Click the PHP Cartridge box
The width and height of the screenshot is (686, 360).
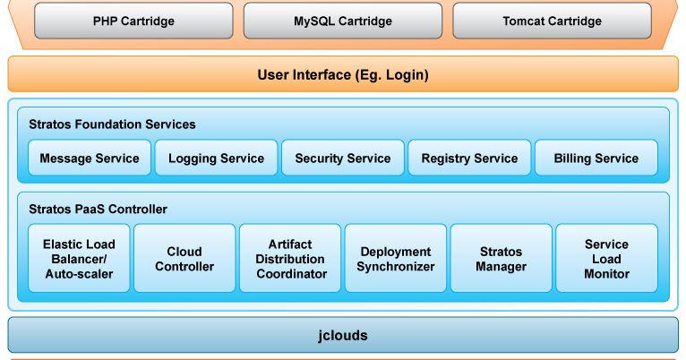point(133,21)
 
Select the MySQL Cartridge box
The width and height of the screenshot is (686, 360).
point(342,21)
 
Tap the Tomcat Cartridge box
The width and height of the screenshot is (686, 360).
point(552,21)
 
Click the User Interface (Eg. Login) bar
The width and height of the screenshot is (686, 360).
point(343,74)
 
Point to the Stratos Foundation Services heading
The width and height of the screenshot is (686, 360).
point(112,124)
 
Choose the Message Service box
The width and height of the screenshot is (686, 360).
point(90,159)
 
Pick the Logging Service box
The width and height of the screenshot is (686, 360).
point(216,159)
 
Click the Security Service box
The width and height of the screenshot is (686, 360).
point(343,159)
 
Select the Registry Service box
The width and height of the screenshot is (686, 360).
point(469,159)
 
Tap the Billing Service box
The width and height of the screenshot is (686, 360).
point(596,159)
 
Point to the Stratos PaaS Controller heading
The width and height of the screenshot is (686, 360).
point(98,210)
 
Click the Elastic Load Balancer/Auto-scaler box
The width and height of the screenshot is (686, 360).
point(79,259)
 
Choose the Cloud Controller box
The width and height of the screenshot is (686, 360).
point(184,259)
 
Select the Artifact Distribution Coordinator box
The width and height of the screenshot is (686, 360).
point(290,259)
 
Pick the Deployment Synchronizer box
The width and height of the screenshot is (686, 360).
point(395,259)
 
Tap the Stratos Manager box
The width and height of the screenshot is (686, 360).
point(501,259)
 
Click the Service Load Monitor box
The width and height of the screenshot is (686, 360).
point(606,259)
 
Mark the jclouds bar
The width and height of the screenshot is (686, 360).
point(343,336)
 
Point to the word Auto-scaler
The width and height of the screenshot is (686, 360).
point(79,274)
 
